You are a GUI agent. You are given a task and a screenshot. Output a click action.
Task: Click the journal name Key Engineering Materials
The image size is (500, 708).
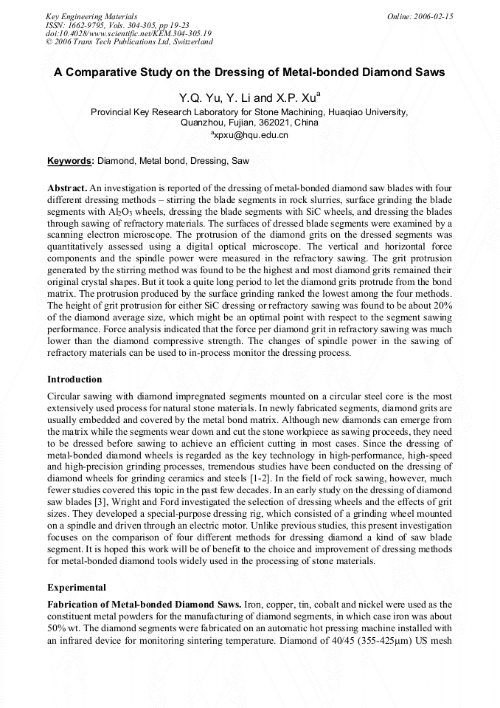tap(91, 16)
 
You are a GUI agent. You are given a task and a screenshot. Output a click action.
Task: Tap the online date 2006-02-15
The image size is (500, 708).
tap(427, 16)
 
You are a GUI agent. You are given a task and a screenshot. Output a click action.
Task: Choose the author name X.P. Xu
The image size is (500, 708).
tap(296, 98)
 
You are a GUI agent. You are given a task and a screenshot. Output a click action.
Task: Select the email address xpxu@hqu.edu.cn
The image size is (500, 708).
tap(251, 135)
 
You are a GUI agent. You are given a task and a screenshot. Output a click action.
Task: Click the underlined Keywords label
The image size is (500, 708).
tap(70, 160)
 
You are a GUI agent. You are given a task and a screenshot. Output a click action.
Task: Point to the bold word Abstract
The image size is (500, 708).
tap(67, 188)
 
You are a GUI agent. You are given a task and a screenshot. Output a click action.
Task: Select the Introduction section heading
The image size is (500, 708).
tap(74, 379)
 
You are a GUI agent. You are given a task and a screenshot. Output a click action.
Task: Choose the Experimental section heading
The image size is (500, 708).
tap(77, 588)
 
